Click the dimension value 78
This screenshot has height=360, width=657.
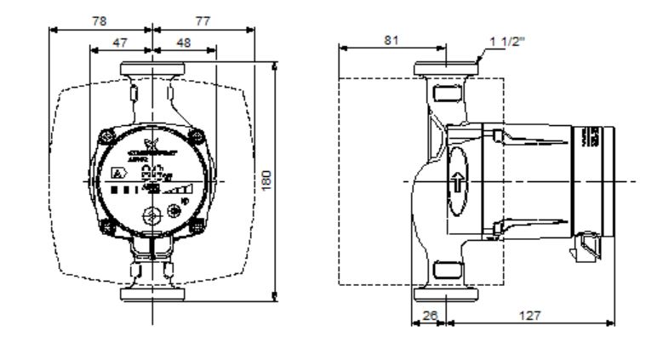click(x=99, y=21)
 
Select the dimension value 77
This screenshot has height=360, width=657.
click(x=203, y=21)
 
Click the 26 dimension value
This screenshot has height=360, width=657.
click(x=431, y=314)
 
